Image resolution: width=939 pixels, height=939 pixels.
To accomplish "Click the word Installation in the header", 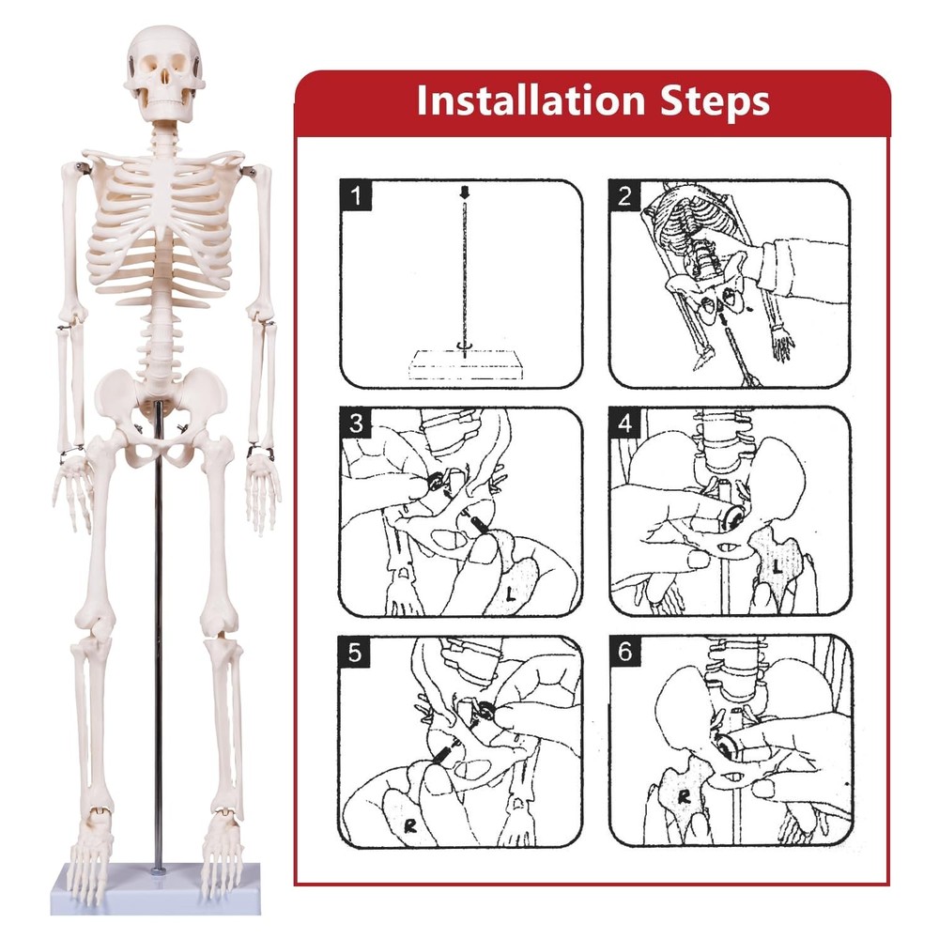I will pos(534,100).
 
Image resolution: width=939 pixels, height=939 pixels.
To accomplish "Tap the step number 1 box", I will pos(354,196).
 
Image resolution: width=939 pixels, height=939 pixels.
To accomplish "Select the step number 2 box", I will pos(625,196).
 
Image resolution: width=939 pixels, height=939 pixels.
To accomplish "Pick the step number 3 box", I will pos(354,423).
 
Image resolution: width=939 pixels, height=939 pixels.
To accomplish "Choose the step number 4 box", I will pos(625,423).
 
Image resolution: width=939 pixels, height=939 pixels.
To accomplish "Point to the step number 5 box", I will pos(354,652).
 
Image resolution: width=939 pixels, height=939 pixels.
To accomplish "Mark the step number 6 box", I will pos(625,652).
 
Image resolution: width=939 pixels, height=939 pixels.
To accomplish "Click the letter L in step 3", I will pos(510,593).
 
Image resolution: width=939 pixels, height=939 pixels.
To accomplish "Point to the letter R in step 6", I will pos(685,797).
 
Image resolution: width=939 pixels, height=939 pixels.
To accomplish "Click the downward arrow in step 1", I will pos(462,193).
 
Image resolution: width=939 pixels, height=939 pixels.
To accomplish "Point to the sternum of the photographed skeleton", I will pos(165,202).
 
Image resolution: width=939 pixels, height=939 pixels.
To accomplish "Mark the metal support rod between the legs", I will pos(159,657).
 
